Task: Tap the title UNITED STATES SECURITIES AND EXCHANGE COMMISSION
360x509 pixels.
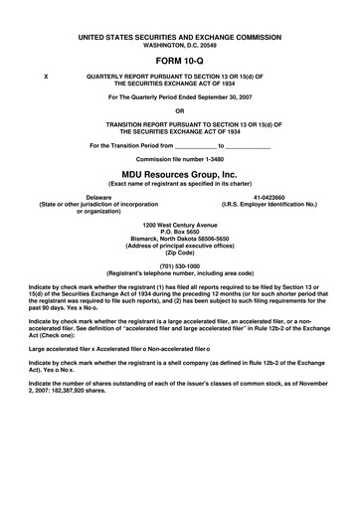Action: click(179, 36)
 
